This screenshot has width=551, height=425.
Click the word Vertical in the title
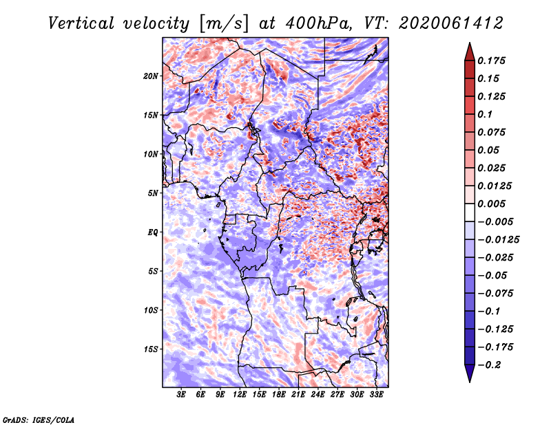(x=81, y=23)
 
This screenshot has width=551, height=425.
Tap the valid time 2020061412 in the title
(x=451, y=23)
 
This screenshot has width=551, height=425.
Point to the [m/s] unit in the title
(x=224, y=24)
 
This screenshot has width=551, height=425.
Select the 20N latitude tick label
(x=151, y=76)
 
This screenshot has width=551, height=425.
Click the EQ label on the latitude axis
(x=153, y=232)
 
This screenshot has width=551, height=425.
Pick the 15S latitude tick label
(x=151, y=349)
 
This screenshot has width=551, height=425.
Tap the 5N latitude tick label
(x=153, y=193)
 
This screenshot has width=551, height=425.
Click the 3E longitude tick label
(x=181, y=395)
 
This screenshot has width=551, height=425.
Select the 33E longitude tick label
(x=376, y=395)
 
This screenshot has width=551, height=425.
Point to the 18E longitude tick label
(x=279, y=395)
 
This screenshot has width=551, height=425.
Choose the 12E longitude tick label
(x=240, y=395)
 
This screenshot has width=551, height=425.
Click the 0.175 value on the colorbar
(x=491, y=61)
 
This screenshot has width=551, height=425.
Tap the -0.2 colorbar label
(x=489, y=365)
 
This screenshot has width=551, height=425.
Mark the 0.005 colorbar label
(x=491, y=204)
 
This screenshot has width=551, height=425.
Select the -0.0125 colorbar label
(x=498, y=240)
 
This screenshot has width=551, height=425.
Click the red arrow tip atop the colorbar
(x=470, y=43)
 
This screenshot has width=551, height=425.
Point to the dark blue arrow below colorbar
(x=470, y=373)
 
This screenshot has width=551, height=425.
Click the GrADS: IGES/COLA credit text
(x=39, y=419)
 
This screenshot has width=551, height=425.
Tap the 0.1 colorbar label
(x=485, y=114)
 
